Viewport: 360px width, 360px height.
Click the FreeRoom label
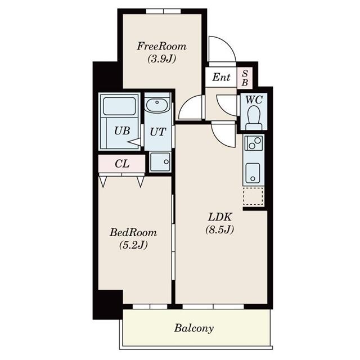click(x=161, y=46)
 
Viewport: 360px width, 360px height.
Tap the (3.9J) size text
click(x=161, y=58)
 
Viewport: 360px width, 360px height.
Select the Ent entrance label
click(x=221, y=77)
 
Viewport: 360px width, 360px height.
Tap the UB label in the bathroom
click(x=122, y=130)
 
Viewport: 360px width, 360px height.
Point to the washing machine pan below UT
click(x=160, y=162)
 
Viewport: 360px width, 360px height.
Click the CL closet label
click(x=121, y=164)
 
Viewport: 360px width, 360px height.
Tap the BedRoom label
click(x=133, y=232)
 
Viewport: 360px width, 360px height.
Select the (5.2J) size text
click(x=133, y=245)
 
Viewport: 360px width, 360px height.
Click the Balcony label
click(x=193, y=327)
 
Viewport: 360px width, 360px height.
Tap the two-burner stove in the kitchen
click(x=253, y=145)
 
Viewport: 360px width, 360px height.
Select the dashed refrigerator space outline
click(x=253, y=197)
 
